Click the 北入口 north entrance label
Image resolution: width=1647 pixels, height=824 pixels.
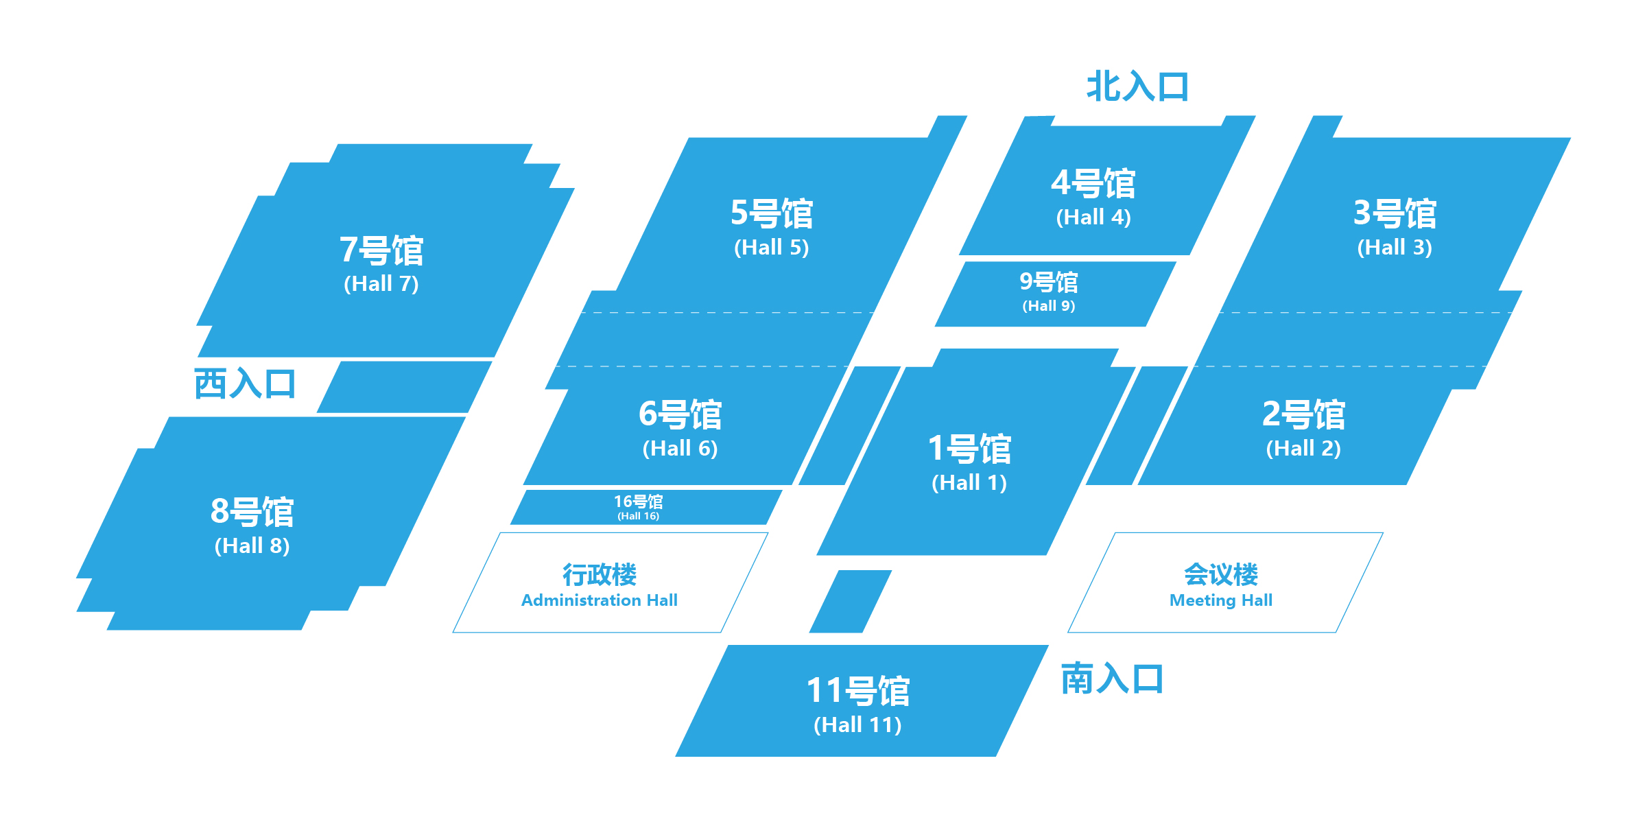point(1137,87)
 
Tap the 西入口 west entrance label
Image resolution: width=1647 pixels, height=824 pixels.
point(245,384)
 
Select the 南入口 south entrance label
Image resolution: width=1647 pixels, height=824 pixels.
point(1112,679)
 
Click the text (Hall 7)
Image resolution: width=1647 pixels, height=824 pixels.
point(381,283)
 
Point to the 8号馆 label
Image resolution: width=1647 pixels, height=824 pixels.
point(252,512)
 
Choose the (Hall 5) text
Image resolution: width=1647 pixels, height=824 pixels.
point(772,247)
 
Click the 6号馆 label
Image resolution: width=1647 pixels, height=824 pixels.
point(680,414)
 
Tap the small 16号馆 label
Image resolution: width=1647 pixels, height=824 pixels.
point(638,502)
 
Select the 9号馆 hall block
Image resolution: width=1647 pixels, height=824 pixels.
point(1056,294)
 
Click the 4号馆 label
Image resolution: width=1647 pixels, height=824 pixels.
point(1093,183)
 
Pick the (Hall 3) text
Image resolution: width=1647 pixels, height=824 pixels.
point(1395,247)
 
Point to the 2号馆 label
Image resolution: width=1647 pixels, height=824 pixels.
point(1304,414)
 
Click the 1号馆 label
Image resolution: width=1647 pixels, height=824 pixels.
point(969,449)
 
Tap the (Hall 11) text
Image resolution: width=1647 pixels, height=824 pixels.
point(857,725)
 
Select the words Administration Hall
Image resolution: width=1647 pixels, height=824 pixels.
point(600,600)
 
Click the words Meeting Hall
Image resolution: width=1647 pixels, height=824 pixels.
point(1221,600)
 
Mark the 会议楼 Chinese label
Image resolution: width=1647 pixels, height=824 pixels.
point(1221,574)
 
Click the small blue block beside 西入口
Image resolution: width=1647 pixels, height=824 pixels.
point(405,387)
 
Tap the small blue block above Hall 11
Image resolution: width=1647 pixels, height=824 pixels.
point(851,601)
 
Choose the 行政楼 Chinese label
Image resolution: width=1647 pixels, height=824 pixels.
point(600,574)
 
